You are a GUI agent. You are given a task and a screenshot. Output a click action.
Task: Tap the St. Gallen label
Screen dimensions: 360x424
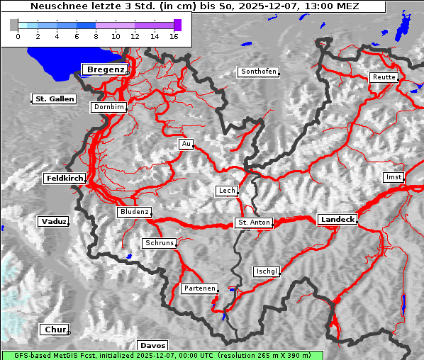click(x=54, y=99)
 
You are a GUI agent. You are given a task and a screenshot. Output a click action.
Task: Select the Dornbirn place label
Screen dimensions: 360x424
click(x=109, y=108)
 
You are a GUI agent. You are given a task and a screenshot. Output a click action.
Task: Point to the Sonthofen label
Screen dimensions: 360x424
click(x=258, y=72)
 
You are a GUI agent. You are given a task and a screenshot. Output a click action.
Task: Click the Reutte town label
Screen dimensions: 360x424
click(x=384, y=77)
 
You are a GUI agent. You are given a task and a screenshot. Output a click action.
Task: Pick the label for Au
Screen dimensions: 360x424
click(x=186, y=144)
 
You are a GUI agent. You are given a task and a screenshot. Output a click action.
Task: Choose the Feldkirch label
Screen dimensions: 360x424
click(x=65, y=179)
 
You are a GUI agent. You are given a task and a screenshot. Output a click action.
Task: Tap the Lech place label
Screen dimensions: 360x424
click(x=227, y=191)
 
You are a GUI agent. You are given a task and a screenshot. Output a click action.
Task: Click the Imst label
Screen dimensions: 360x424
click(x=392, y=176)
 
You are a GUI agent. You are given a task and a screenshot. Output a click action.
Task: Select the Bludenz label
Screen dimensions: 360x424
click(x=134, y=212)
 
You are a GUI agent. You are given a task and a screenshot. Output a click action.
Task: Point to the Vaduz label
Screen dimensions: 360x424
click(x=53, y=222)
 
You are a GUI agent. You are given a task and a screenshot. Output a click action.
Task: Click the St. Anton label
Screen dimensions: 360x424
click(x=253, y=223)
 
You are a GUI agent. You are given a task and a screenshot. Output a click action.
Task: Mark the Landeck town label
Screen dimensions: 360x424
click(x=337, y=220)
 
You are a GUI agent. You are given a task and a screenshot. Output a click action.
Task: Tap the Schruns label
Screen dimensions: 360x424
click(x=159, y=243)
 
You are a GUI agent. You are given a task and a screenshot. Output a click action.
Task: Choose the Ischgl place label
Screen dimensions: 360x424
click(x=267, y=271)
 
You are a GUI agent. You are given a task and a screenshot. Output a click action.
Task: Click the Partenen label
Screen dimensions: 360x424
click(x=199, y=288)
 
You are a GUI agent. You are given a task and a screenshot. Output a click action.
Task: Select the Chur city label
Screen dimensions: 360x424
click(x=54, y=330)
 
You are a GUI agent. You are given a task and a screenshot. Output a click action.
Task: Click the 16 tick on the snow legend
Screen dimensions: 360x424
click(x=173, y=35)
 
